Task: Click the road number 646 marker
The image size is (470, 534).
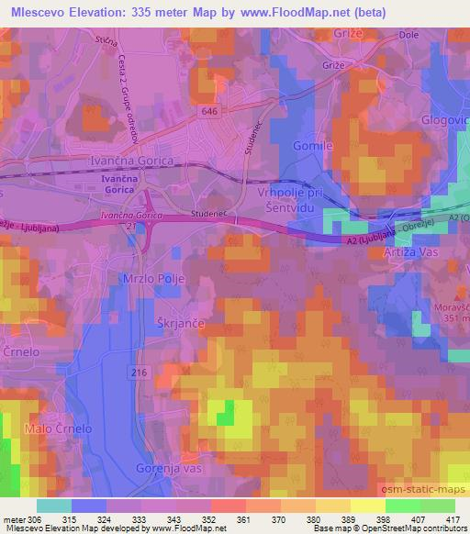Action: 210,110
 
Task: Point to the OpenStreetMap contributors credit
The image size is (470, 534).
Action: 412,528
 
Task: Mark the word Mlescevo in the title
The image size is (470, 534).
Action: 43,12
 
